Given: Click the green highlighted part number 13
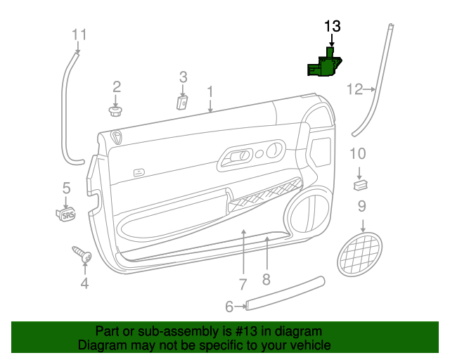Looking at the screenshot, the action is click(x=325, y=64).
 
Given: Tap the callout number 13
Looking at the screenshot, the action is click(x=333, y=27).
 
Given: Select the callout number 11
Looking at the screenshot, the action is click(x=79, y=34).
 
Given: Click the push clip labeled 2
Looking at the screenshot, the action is click(x=115, y=111).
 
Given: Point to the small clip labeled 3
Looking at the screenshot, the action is click(x=182, y=103).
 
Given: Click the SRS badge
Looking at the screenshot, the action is click(x=66, y=214).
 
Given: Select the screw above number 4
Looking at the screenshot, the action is click(x=82, y=254).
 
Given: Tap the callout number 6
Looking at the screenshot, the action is click(x=229, y=307).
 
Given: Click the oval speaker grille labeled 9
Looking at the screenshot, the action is click(x=359, y=255).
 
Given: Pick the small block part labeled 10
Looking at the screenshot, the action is click(x=361, y=184).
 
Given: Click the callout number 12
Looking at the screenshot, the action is click(x=355, y=89).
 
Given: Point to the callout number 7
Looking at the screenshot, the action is click(x=243, y=285).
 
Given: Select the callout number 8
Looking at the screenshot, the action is click(x=266, y=279).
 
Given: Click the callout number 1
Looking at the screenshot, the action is click(x=210, y=92).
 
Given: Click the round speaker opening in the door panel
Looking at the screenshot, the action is click(x=307, y=211).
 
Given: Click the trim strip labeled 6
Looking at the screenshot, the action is click(x=285, y=293).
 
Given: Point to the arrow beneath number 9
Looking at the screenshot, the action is click(x=363, y=226).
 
